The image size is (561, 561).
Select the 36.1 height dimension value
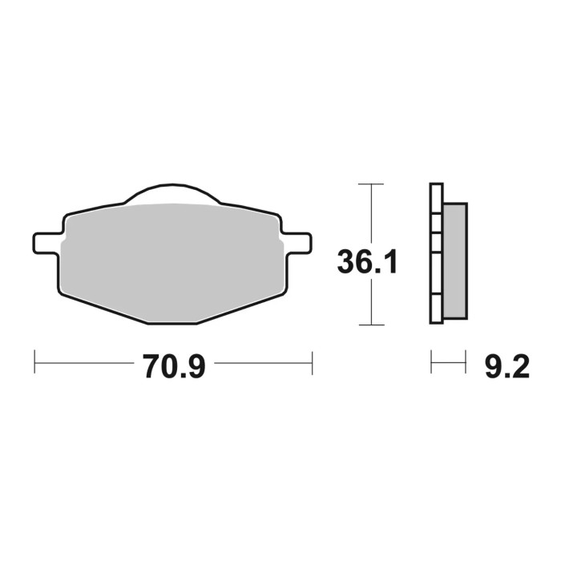coord(367,262)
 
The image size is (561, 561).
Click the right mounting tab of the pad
coord(297,241)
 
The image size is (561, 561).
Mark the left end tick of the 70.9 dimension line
coord(34,361)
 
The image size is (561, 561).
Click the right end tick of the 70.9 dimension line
coord(312,361)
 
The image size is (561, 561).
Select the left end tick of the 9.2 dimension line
coord(431,361)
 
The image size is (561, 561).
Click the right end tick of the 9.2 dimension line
coord(466,361)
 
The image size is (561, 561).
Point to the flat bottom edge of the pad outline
coord(172,323)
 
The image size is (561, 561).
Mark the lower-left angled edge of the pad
coord(104,307)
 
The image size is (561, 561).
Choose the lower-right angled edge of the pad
coord(240,307)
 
